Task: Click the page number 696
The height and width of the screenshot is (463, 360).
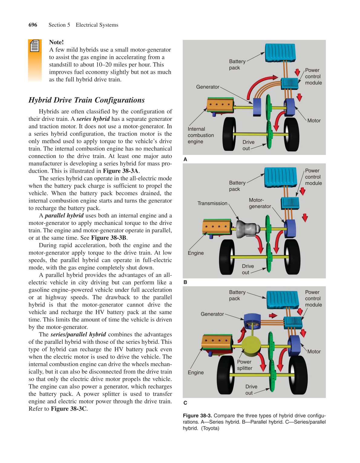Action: pos(33,25)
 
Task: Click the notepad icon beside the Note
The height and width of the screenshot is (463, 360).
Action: pos(35,46)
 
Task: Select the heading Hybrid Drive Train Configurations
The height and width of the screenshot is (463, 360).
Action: pos(87,100)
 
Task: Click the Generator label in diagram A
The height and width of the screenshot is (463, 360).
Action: pos(208,87)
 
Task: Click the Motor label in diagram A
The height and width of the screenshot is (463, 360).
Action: pos(314,120)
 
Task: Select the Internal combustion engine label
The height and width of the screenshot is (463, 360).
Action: pos(201,135)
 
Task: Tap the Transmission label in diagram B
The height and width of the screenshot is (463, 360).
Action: pos(212,203)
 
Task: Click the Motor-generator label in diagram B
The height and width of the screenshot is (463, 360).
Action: pos(260,203)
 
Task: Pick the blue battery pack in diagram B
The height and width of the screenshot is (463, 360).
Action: pos(280,177)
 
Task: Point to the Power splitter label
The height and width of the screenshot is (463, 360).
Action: pos(244,365)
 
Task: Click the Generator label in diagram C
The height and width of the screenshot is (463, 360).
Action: pos(212,314)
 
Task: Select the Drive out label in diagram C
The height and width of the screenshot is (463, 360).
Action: pos(251,390)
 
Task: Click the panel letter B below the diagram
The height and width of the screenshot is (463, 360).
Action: pos(185,282)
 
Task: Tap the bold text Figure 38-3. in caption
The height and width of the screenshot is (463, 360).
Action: pos(197,416)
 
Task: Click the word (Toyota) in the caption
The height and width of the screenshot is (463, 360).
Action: pos(210,428)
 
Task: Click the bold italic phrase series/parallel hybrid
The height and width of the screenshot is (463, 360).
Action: pos(78,334)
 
